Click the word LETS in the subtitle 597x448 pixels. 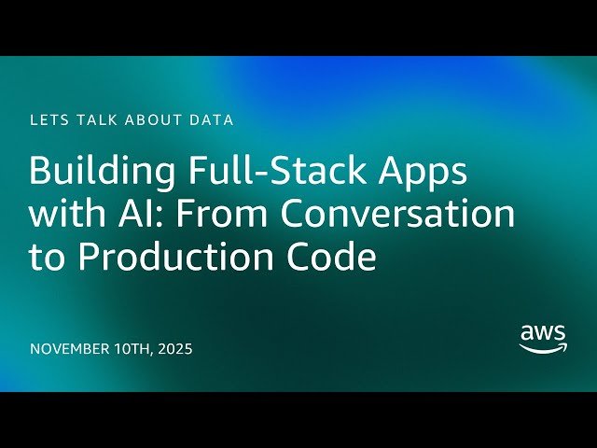click(x=49, y=120)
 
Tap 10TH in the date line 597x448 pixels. click(x=140, y=350)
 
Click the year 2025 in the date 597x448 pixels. click(x=177, y=350)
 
